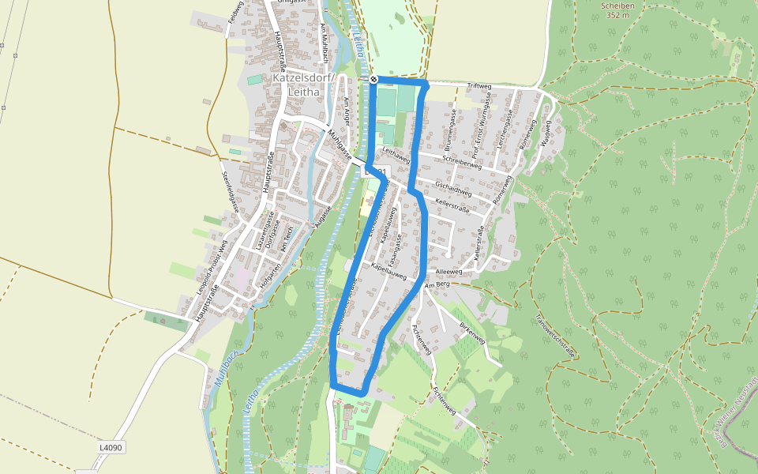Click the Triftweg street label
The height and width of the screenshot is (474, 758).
479,86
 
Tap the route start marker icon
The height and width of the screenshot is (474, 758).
374,80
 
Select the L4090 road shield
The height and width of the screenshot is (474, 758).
111,447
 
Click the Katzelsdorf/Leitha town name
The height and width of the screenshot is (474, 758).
304,85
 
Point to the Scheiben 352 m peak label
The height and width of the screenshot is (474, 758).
618,9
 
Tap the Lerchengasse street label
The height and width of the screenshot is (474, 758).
511,126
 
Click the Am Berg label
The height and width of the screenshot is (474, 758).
437,284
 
